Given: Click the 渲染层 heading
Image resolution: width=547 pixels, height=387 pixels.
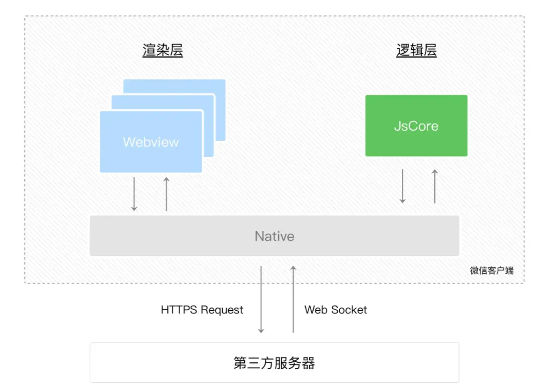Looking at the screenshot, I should tap(162, 51).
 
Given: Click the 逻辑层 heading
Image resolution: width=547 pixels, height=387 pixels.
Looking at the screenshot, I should tap(416, 51).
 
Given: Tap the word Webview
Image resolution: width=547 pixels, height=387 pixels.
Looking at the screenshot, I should tap(151, 142).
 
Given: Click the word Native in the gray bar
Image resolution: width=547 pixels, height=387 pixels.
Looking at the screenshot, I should tap(274, 236).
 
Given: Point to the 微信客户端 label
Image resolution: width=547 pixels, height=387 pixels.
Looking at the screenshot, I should tap(491, 270).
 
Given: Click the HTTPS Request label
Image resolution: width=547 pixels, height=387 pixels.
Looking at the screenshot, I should tap(202, 310).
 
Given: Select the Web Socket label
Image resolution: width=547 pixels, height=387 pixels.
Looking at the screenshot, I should tap(335, 310).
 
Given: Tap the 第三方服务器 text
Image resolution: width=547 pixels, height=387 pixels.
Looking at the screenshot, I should tap(274, 363).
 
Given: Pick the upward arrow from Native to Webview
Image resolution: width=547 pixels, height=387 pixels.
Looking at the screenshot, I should tap(166, 194).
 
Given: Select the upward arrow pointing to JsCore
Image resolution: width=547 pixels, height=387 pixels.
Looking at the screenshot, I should tap(435, 186).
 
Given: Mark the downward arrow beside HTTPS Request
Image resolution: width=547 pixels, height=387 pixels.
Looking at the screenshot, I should tap(261, 299).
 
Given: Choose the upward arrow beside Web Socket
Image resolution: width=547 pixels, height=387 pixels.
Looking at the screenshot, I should tap(293, 299).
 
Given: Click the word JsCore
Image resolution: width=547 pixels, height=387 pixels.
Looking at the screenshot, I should tap(416, 126).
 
